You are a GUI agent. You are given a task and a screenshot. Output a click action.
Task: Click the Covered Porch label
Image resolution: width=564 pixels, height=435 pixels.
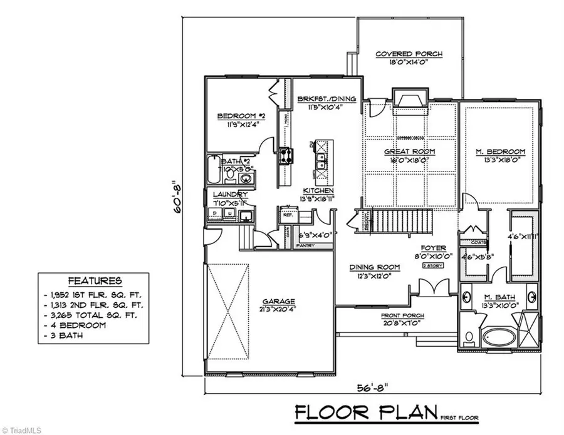click(409, 54)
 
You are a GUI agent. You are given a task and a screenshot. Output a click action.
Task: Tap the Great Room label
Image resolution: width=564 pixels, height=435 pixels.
click(409, 151)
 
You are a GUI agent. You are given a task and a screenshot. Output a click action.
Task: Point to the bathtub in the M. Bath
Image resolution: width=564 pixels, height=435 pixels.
click(499, 336)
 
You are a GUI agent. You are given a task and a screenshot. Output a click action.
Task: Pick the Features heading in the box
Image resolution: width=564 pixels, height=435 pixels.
click(95, 282)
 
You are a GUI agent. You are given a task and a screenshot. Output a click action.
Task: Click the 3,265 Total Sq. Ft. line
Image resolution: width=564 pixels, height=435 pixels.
click(93, 315)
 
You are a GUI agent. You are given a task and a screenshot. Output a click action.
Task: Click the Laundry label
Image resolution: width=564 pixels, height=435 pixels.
click(229, 194)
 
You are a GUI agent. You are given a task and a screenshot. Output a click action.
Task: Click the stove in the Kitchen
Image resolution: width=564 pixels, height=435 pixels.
click(286, 153)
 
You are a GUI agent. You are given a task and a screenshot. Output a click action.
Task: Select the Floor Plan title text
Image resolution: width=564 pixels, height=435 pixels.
click(366, 412)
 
